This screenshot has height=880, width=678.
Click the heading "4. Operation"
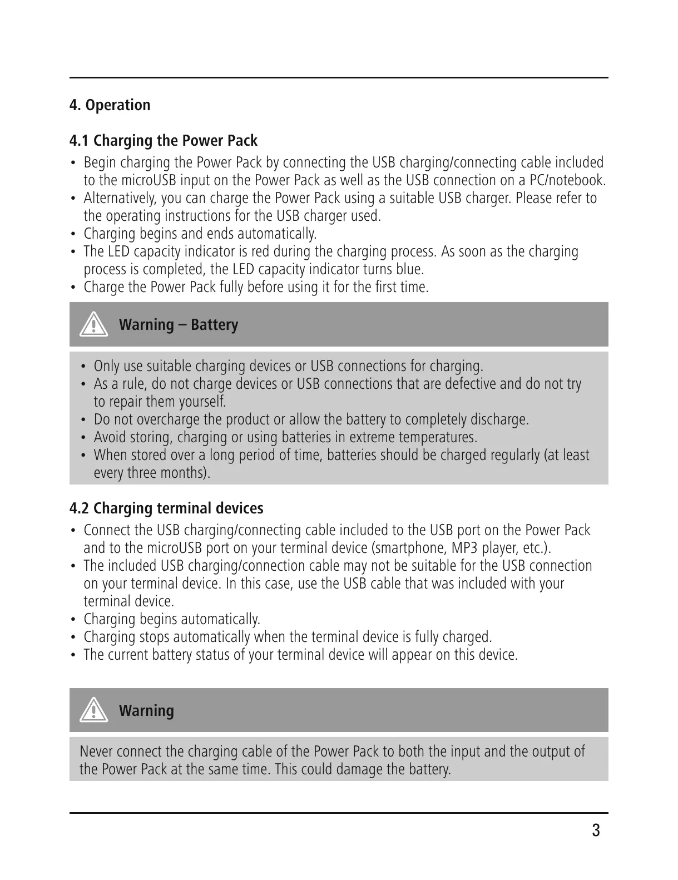pos(110,105)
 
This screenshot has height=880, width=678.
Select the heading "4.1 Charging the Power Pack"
pos(163,141)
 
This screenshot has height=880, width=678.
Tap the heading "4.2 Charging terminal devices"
pos(166,508)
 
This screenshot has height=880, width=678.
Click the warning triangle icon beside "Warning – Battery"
pos(93,324)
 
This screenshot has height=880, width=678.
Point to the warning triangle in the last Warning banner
pos(93,710)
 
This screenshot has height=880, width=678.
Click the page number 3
pos(596,831)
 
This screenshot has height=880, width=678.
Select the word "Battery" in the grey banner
pos(214,325)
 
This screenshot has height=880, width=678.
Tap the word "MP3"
pos(464,548)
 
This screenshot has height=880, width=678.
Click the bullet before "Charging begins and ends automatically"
pos(73,234)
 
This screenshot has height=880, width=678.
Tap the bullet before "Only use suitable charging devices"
pos(83,366)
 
